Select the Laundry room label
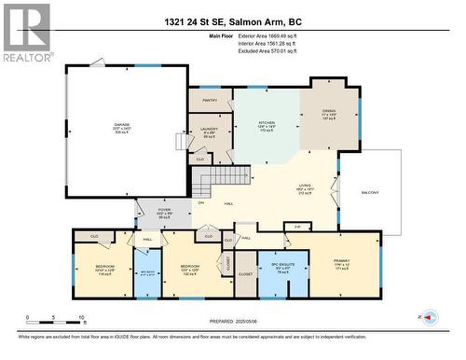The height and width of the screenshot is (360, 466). point(208,132)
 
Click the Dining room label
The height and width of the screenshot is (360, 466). point(329,114)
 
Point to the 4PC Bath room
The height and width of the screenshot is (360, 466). point(147,274)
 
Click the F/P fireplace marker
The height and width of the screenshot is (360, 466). point(296,226)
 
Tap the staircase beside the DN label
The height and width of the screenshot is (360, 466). point(213,176)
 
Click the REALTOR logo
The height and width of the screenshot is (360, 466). point(25,33)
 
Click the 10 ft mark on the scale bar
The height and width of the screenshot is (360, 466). point(81,317)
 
